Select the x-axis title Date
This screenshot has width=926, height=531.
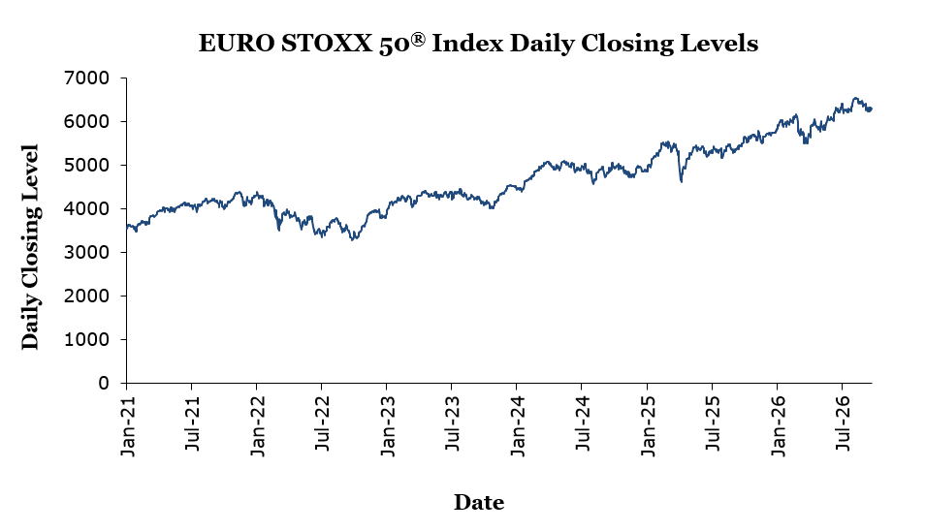click(479, 502)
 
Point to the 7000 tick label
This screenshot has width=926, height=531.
click(87, 78)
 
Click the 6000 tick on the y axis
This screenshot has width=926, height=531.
click(87, 121)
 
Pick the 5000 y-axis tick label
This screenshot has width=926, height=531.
click(87, 165)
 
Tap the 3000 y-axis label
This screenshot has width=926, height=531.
click(87, 253)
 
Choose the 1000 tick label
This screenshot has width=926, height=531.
click(87, 340)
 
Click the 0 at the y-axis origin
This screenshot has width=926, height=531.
click(104, 384)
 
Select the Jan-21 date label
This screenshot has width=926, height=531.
click(128, 424)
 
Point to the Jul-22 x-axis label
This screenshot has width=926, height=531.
click(323, 423)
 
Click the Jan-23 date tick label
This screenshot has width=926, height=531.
click(388, 424)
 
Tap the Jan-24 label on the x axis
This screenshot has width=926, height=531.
click(518, 424)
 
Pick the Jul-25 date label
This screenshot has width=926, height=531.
click(714, 423)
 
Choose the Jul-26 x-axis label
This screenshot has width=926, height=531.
click(844, 423)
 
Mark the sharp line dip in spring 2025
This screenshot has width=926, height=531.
click(682, 181)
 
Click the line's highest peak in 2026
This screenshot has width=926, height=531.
click(855, 98)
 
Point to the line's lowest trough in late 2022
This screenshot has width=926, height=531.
click(353, 239)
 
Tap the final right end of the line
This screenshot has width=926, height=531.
click(871, 109)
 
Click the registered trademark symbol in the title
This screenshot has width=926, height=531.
click(418, 39)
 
